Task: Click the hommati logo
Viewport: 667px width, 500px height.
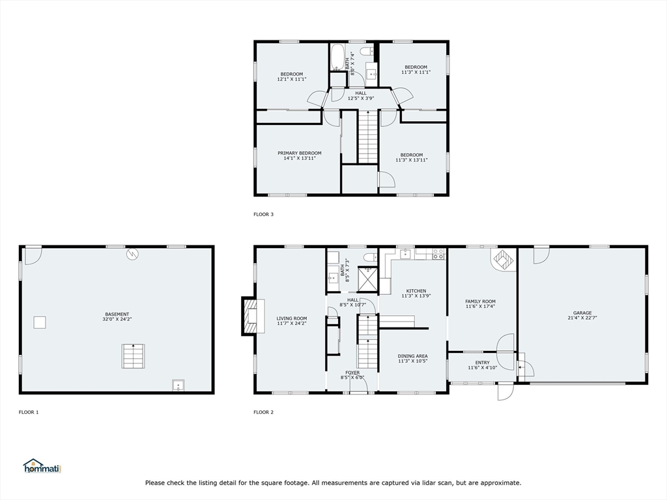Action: tap(42, 466)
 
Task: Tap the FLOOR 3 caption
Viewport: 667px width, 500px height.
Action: tap(263, 214)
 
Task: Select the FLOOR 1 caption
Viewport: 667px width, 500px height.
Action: tap(29, 412)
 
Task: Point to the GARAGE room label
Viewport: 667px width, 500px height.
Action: tap(582, 313)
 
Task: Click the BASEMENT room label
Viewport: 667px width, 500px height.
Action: tap(117, 314)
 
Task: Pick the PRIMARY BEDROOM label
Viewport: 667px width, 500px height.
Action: tap(300, 153)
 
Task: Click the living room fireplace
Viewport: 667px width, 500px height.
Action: tap(253, 316)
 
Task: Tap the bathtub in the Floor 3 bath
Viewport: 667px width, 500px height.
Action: tap(338, 57)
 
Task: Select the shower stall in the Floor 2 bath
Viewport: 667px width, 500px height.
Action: tap(367, 279)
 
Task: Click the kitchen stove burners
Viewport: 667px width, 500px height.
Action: tap(438, 255)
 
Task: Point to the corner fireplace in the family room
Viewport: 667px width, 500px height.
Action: tap(504, 260)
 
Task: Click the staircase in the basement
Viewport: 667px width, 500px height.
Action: tap(133, 356)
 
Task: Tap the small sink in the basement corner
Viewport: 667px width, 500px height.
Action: tap(178, 385)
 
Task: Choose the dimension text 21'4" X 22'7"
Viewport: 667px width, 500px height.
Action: tap(582, 318)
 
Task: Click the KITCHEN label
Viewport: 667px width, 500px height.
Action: tap(416, 291)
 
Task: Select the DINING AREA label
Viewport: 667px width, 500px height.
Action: tap(412, 356)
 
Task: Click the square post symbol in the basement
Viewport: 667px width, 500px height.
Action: tap(40, 323)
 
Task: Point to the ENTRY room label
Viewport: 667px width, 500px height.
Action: tap(483, 363)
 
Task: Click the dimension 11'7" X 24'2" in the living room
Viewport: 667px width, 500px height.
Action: tap(292, 323)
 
